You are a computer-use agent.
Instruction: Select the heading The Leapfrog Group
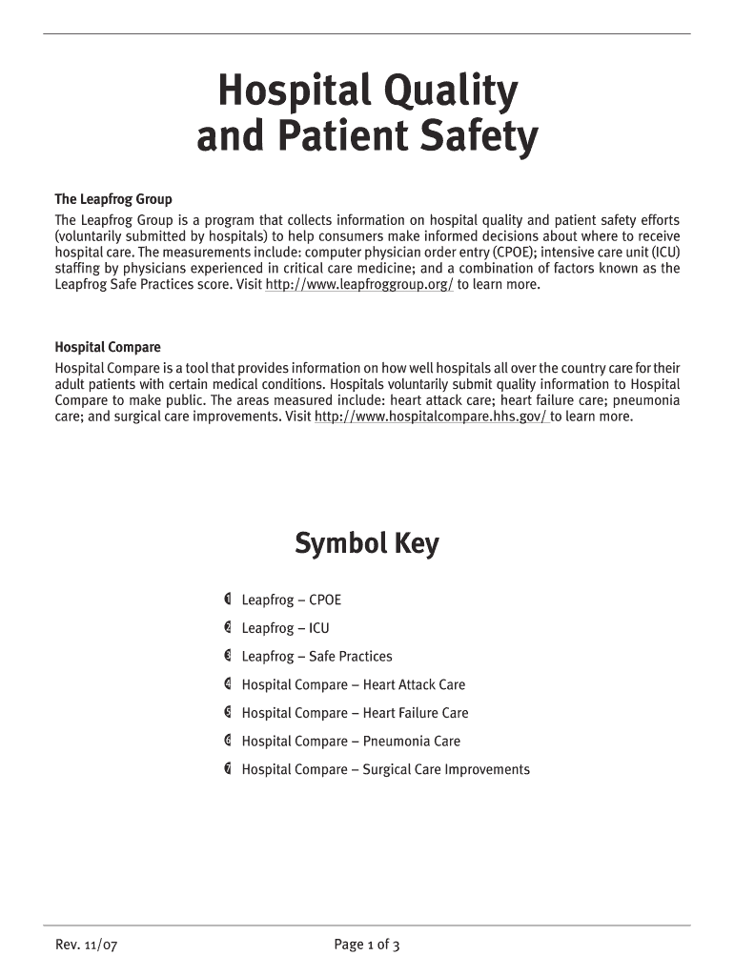click(113, 199)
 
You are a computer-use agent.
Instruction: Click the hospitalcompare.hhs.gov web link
click(431, 417)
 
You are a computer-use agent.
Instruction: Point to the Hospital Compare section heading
click(108, 347)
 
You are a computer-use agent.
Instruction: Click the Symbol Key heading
click(367, 544)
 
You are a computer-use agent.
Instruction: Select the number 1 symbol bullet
click(228, 600)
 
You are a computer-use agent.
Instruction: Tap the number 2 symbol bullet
click(228, 628)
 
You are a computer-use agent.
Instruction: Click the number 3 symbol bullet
click(228, 656)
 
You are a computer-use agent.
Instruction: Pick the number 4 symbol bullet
click(228, 684)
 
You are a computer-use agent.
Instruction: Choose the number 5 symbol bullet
click(228, 713)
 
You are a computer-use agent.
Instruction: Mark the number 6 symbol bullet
click(228, 741)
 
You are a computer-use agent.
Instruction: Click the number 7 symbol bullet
click(228, 769)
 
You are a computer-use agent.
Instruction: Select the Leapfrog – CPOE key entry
click(291, 600)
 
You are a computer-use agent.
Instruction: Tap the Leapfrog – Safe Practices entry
click(316, 657)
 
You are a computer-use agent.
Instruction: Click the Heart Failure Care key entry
click(355, 713)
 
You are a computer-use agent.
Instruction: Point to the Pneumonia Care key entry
click(351, 742)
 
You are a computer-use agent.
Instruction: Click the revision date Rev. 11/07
click(86, 945)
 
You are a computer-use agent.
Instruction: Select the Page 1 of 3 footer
click(366, 945)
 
